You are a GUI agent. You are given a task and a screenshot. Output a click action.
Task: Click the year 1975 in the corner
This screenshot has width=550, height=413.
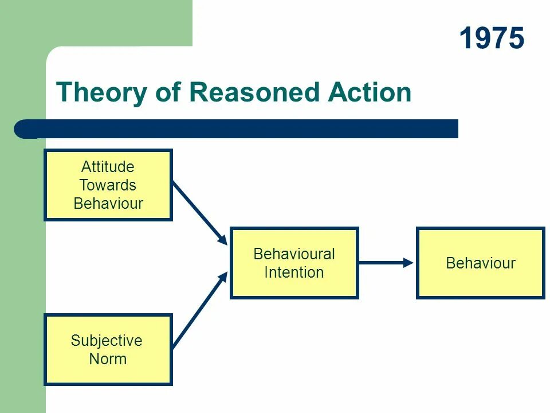tap(492, 40)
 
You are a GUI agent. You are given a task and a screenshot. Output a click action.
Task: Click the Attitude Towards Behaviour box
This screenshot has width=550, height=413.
tap(108, 185)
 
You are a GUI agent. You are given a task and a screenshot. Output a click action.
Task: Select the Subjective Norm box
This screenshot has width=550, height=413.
tap(108, 349)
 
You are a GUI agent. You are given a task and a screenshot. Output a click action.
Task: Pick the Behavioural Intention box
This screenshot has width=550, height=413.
tap(294, 263)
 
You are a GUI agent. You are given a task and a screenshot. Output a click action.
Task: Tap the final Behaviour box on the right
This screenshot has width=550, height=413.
tap(480, 263)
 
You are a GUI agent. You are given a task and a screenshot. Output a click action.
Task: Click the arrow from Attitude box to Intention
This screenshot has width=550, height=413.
tap(200, 212)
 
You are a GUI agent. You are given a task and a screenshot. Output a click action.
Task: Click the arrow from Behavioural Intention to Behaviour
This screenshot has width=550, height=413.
tap(385, 263)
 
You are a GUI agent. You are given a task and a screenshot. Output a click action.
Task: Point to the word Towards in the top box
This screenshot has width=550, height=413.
tap(108, 185)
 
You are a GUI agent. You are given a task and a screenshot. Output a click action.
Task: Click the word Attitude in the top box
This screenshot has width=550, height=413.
tap(108, 167)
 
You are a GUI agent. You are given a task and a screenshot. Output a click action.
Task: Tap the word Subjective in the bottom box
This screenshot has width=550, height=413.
tap(107, 341)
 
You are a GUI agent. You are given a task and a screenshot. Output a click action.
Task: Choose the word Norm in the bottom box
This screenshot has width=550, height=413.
tap(108, 359)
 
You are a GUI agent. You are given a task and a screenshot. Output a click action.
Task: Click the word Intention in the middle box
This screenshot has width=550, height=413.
tap(294, 272)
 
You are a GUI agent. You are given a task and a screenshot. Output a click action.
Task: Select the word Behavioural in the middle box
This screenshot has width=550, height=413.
tap(294, 254)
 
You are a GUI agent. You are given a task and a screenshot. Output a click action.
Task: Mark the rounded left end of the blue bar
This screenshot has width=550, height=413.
tap(23, 129)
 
